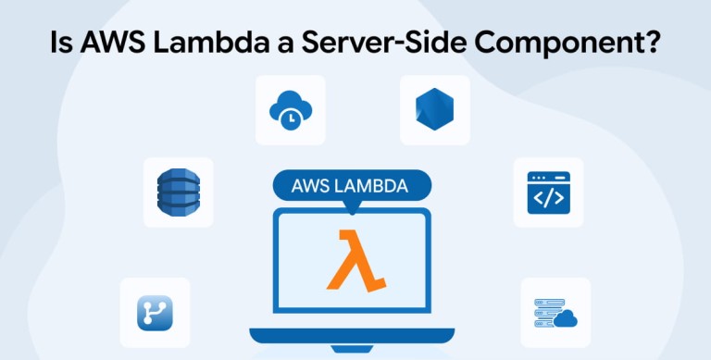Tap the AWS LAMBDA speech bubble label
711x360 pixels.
pos(352,186)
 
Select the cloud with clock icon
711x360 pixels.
pos(290,110)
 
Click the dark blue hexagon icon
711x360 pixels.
pos(434,109)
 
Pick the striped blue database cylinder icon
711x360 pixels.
pos(178,192)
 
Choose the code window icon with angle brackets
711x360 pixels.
pos(548,192)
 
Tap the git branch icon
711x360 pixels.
pos(155,313)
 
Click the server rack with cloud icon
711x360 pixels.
pos(555,313)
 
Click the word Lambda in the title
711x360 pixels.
pos(221,43)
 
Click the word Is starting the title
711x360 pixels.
pos(60,43)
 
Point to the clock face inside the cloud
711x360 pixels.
pos(290,118)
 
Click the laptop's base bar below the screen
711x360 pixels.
pos(352,336)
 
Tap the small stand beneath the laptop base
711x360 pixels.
pos(352,349)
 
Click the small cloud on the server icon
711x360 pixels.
pos(566,318)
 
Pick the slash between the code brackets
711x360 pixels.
pos(548,198)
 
